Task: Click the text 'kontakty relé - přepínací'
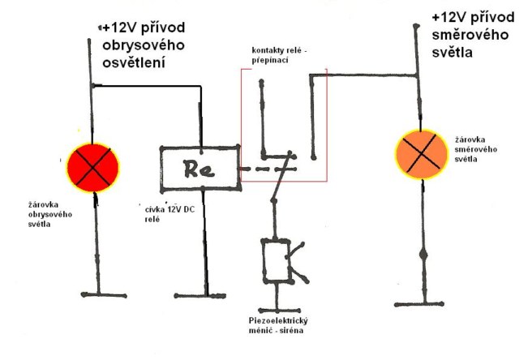[282, 54]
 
